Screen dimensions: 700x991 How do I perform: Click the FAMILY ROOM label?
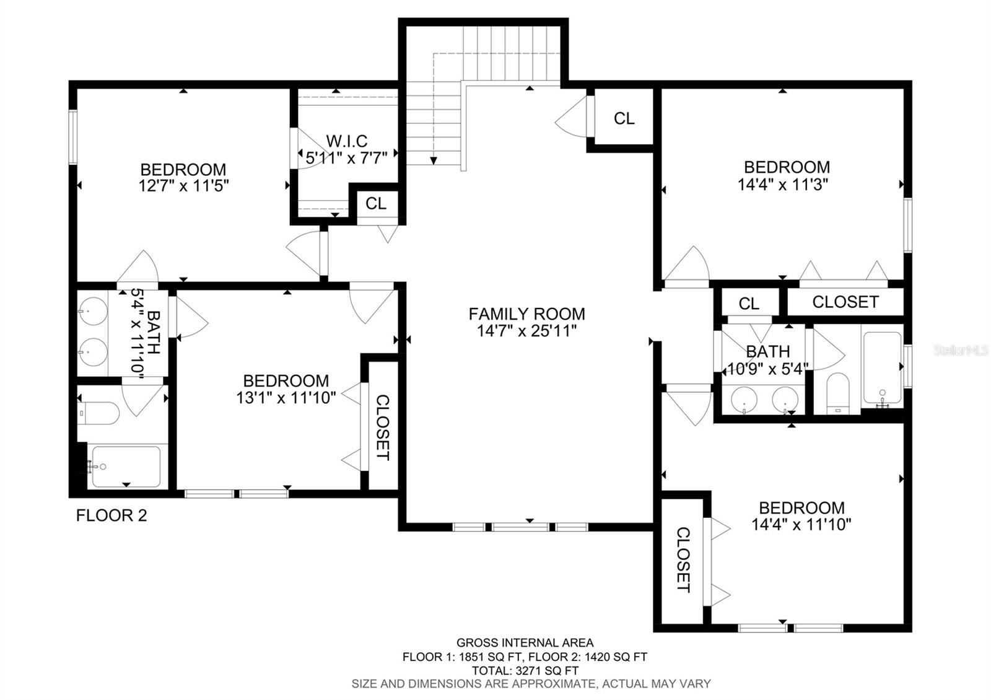[526, 314]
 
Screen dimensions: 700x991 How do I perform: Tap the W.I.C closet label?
[347, 141]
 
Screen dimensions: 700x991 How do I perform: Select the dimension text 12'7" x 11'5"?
[183, 186]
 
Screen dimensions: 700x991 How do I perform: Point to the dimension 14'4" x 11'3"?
[783, 184]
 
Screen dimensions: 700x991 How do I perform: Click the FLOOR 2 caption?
[111, 515]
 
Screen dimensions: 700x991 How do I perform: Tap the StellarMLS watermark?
[961, 351]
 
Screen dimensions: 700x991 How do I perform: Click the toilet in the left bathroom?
[99, 413]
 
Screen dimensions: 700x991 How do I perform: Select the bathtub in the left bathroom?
[126, 466]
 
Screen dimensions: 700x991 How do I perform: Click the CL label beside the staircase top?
[624, 118]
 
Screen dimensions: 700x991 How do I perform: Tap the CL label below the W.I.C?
[375, 204]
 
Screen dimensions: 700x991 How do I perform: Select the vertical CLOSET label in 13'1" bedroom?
[383, 427]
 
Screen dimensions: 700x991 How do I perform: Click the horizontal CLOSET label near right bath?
[845, 302]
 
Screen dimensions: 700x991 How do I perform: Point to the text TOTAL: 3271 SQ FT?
[525, 670]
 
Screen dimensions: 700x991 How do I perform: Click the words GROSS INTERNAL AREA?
[525, 643]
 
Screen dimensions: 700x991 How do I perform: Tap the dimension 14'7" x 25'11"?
[526, 331]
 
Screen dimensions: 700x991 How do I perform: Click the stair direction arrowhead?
[434, 160]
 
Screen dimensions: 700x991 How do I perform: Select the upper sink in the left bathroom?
[93, 308]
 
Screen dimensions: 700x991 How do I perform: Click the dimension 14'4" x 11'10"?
[801, 525]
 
